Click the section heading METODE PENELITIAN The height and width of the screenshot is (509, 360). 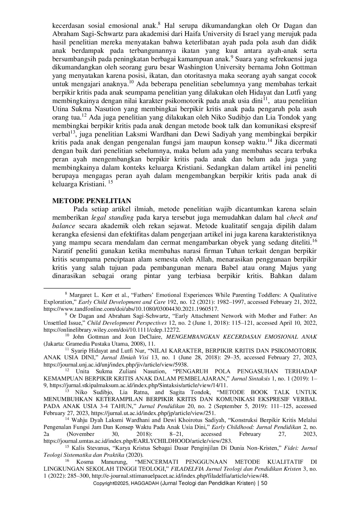pos(91,201)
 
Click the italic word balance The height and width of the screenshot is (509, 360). pos(64,226)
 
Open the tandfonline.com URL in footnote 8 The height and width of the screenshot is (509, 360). pos(131,309)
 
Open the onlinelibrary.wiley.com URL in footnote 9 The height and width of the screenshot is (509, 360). pos(112,330)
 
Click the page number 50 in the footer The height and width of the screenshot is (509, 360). pos(264,483)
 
